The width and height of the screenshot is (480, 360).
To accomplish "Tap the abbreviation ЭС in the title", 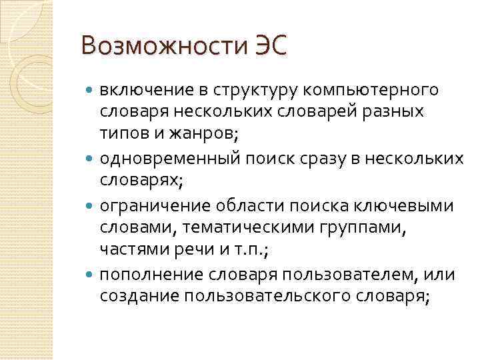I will [266, 47].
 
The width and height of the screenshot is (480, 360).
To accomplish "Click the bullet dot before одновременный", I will [91, 159].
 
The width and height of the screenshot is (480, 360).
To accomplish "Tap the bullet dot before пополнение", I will [91, 275].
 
